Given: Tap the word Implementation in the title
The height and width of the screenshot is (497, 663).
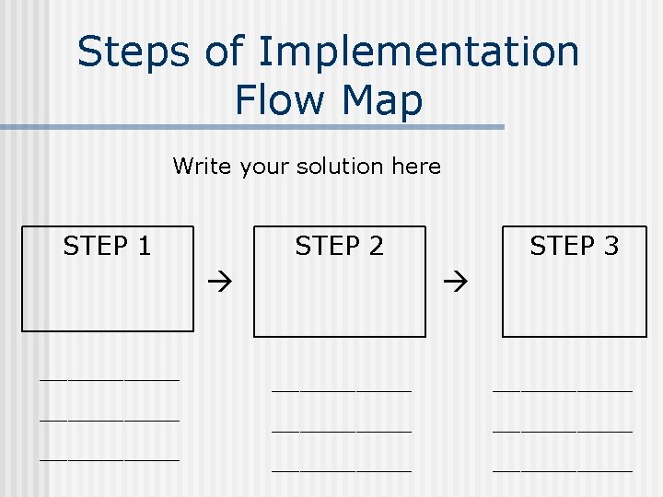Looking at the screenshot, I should pos(419,52).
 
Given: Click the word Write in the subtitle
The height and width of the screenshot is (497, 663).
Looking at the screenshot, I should pos(203,167).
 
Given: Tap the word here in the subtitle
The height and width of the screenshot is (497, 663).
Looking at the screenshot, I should pos(415,167).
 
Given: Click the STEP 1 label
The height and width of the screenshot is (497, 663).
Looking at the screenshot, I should pos(107,246).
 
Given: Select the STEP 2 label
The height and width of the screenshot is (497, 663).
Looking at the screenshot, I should pos(339,246).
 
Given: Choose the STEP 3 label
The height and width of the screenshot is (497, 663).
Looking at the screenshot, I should pos(574,246).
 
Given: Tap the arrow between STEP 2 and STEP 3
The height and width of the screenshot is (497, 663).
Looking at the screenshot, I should pos(456,276).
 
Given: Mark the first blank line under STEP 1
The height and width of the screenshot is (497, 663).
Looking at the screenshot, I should pos(109,377).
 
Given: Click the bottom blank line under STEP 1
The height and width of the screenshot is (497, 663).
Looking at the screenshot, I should pos(109,458).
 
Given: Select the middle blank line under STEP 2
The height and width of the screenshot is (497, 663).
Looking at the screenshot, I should pos(341,430).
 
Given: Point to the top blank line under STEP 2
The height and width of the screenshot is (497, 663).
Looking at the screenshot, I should pos(341,389).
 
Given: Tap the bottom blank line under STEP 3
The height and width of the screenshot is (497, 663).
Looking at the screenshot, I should pos(563,470).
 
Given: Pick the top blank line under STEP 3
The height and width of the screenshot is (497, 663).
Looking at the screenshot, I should pos(563,389).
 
